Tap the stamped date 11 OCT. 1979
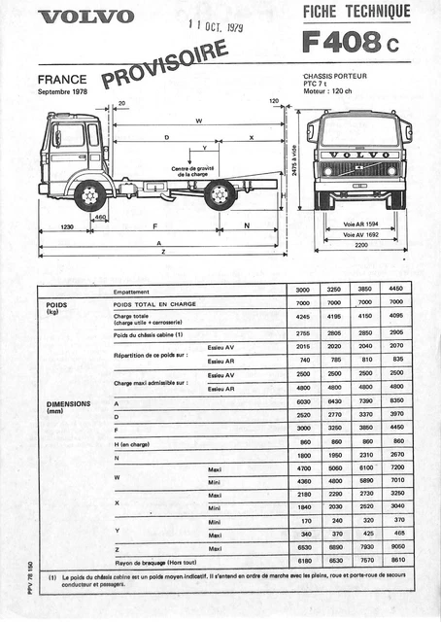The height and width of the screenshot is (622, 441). click(217, 28)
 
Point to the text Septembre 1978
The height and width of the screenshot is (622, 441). click(67, 92)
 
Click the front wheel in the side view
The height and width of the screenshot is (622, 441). click(90, 195)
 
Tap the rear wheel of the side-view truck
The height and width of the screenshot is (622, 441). click(221, 195)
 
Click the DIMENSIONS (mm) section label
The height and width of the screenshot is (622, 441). click(68, 407)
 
